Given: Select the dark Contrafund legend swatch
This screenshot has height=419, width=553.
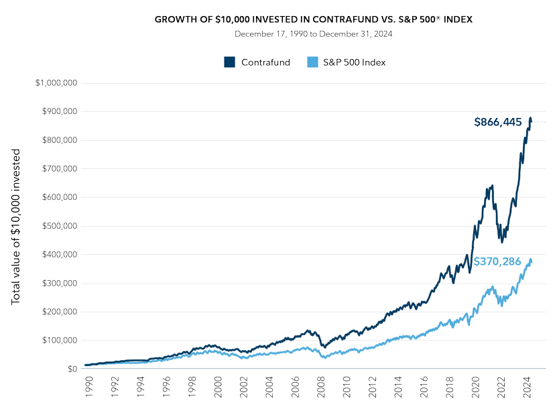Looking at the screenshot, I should click(229, 62).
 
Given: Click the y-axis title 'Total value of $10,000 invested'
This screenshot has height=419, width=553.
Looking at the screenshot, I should click(16, 227).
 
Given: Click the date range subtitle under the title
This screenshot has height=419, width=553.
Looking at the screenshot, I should click(314, 34).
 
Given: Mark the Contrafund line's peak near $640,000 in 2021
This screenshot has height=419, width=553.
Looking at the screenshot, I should click(492, 185).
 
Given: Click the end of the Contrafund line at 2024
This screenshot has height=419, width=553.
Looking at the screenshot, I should click(531, 119).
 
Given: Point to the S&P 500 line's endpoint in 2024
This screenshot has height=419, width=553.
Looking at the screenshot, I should click(532, 260).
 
